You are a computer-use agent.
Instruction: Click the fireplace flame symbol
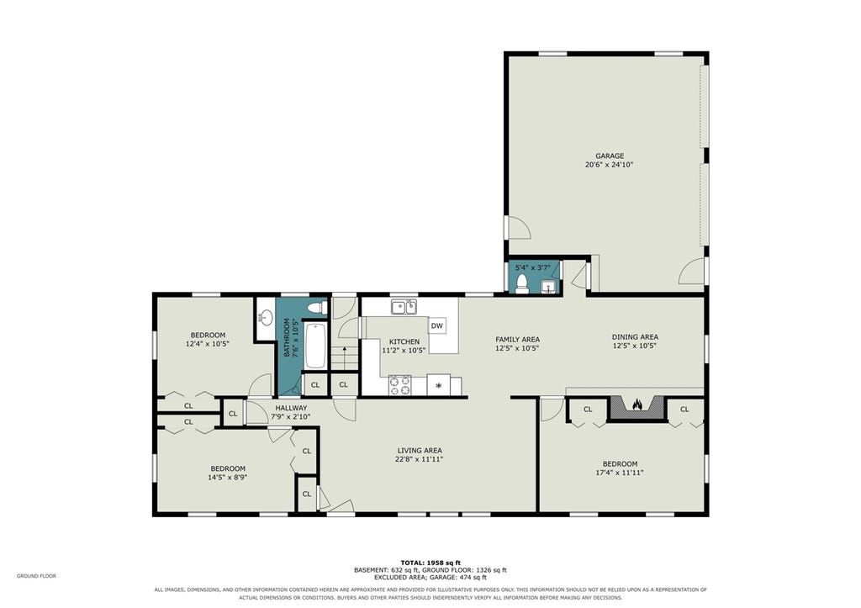click(x=637, y=404)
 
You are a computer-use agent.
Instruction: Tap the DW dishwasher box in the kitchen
click(x=436, y=326)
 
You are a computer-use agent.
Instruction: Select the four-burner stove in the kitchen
click(x=399, y=385)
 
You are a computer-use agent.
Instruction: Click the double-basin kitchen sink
click(x=404, y=306)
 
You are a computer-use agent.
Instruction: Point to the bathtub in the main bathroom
click(x=315, y=346)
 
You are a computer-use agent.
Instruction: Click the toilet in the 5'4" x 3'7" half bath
click(x=522, y=284)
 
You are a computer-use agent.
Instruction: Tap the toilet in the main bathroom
click(x=317, y=308)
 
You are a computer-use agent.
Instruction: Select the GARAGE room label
click(x=610, y=156)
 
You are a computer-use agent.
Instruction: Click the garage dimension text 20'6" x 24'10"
click(x=610, y=164)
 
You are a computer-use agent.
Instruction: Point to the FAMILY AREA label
click(x=517, y=340)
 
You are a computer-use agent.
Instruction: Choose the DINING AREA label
click(x=635, y=337)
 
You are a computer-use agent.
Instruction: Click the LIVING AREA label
click(x=420, y=451)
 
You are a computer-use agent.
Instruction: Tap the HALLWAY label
click(x=291, y=408)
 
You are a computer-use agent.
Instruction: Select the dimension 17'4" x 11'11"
click(x=620, y=473)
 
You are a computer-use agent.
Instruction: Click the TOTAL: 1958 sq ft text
click(x=430, y=563)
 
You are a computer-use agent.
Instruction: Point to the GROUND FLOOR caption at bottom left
click(x=36, y=576)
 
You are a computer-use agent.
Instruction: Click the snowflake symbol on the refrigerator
click(x=438, y=385)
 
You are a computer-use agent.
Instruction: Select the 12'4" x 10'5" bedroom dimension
click(x=207, y=344)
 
